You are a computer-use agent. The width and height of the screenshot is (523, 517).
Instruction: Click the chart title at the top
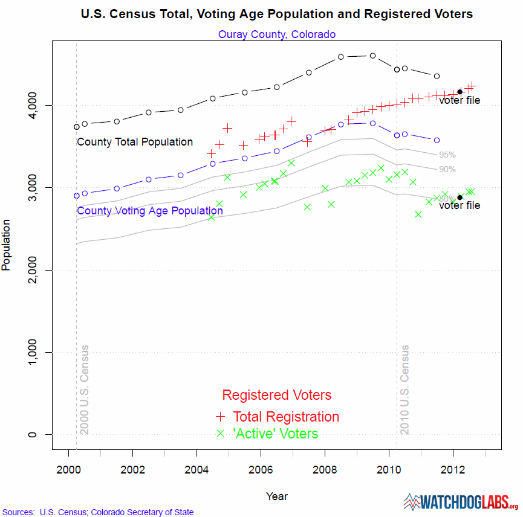pos(277,13)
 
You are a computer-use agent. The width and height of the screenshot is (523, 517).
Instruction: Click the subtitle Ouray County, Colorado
pos(277,34)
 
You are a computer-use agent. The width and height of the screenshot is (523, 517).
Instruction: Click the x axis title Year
pos(277,496)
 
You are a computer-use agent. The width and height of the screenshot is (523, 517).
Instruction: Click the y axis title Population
pos(7,245)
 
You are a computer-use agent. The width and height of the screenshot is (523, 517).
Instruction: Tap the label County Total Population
pos(135,142)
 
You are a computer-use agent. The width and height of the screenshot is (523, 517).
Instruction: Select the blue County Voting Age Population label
pos(150,211)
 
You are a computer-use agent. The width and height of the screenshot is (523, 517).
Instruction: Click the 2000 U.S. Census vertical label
pos(85,390)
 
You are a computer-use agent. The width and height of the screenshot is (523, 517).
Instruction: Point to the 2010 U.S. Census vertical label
pos(404,390)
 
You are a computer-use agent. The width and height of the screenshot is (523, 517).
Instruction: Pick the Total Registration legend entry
pos(286,417)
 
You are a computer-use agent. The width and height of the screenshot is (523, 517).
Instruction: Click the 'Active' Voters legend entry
pos(275,434)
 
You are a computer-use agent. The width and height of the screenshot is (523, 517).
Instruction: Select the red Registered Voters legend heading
pos(277,395)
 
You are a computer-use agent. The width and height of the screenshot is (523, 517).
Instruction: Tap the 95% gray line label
pos(447,155)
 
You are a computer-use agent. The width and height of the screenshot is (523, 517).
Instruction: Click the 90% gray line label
pos(447,169)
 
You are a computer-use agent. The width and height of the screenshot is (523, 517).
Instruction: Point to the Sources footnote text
pos(99,512)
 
